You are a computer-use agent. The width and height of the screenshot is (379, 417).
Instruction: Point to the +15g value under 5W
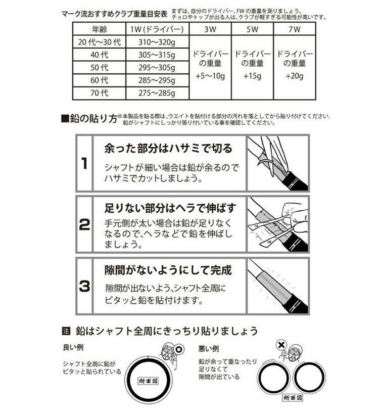tap(251, 76)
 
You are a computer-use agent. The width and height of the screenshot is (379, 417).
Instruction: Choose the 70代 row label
tap(101, 93)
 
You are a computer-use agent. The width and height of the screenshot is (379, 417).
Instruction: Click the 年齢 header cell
tap(101, 29)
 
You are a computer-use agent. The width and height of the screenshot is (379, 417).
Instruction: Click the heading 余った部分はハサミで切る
tap(168, 149)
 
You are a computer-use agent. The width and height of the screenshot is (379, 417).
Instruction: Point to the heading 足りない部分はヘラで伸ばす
tap(170, 208)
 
